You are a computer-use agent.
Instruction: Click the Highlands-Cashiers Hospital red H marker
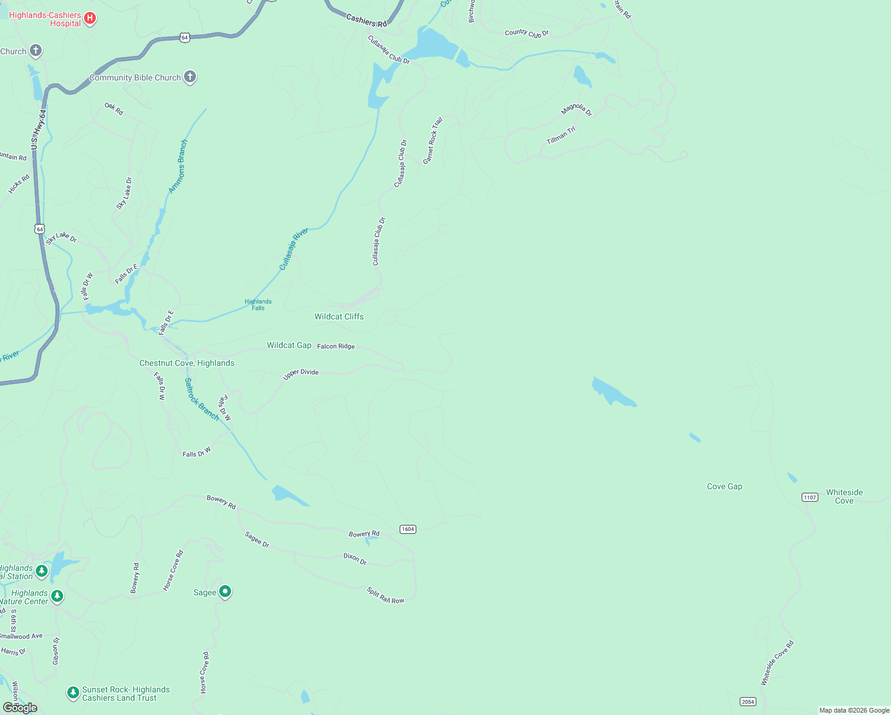[x=90, y=18]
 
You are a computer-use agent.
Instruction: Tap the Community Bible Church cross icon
[x=190, y=76]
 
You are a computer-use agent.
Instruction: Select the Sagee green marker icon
[x=225, y=592]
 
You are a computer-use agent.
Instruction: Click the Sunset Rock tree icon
[x=73, y=692]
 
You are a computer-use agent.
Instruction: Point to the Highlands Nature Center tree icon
[x=57, y=596]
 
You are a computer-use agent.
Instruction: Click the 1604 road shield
[x=407, y=529]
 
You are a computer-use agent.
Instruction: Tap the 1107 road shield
[x=809, y=497]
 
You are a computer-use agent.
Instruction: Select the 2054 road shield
[x=748, y=701]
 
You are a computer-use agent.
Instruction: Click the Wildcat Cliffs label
[x=339, y=316]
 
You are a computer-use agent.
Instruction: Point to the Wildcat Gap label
[x=289, y=345]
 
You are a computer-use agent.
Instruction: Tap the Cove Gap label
[x=724, y=486]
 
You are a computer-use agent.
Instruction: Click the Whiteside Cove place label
[x=844, y=496]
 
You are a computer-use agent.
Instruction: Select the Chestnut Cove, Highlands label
[x=187, y=363]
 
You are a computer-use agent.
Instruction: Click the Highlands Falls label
[x=258, y=304]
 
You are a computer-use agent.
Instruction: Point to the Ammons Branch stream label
[x=178, y=166]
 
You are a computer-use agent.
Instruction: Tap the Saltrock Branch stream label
[x=201, y=399]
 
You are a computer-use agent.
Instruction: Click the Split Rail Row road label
[x=385, y=595]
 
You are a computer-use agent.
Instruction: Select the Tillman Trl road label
[x=561, y=136]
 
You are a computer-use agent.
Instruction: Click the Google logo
[x=20, y=707]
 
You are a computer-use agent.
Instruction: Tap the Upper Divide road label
[x=301, y=374]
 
